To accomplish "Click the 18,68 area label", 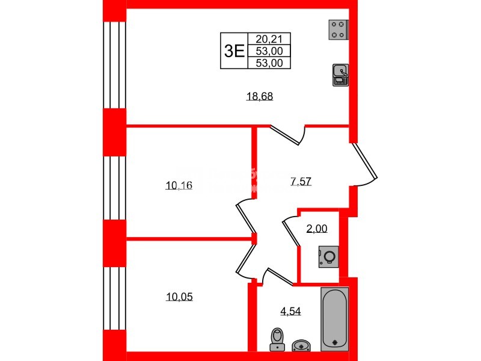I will [260, 96].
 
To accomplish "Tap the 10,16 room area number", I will [179, 185].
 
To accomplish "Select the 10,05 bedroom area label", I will [179, 297].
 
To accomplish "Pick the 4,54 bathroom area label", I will [290, 311].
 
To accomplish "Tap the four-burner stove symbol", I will [339, 29].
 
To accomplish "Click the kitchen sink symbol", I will [340, 75].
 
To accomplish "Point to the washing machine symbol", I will [329, 258].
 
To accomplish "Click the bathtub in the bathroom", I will [335, 318].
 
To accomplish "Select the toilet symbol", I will [277, 338].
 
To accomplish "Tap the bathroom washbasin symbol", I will [301, 345].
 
